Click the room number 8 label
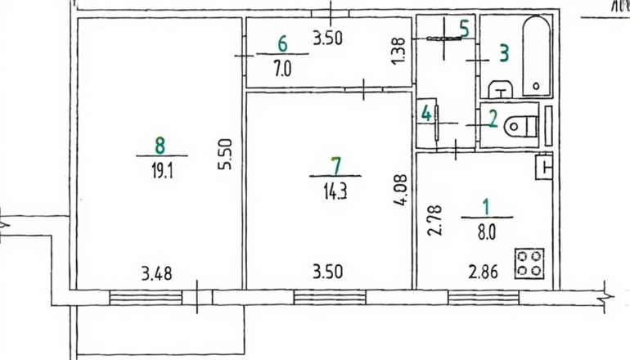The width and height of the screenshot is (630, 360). click(160, 145)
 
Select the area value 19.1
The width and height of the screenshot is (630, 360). click(162, 172)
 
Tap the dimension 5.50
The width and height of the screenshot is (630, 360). click(226, 155)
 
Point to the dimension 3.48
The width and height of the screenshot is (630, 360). click(157, 273)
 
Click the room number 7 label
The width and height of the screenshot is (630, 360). click(335, 166)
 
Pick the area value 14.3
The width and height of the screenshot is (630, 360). click(335, 192)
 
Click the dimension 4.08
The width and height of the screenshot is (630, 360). click(401, 190)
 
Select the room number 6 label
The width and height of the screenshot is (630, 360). click(282, 43)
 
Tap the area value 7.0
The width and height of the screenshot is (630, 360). click(282, 69)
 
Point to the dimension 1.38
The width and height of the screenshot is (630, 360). click(398, 51)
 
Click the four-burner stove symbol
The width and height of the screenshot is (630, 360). click(529, 263)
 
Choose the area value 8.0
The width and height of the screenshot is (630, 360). click(487, 232)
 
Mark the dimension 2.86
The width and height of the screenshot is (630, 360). click(483, 272)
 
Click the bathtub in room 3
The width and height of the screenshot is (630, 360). click(536, 56)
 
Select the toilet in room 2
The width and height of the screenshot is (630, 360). click(521, 126)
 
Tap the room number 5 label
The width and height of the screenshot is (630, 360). click(464, 29)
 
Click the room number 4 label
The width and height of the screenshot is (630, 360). click(426, 114)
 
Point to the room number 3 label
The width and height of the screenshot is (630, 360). click(504, 53)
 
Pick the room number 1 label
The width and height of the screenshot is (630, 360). click(486, 207)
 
